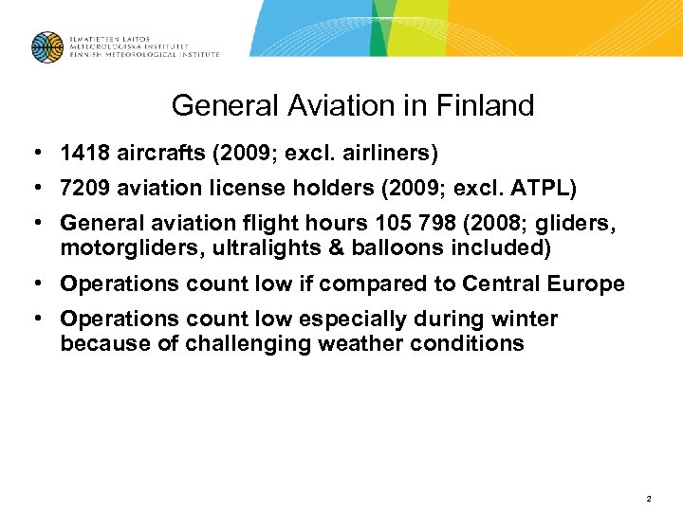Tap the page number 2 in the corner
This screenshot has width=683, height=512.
coord(648,498)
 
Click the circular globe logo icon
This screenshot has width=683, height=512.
coord(46,46)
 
